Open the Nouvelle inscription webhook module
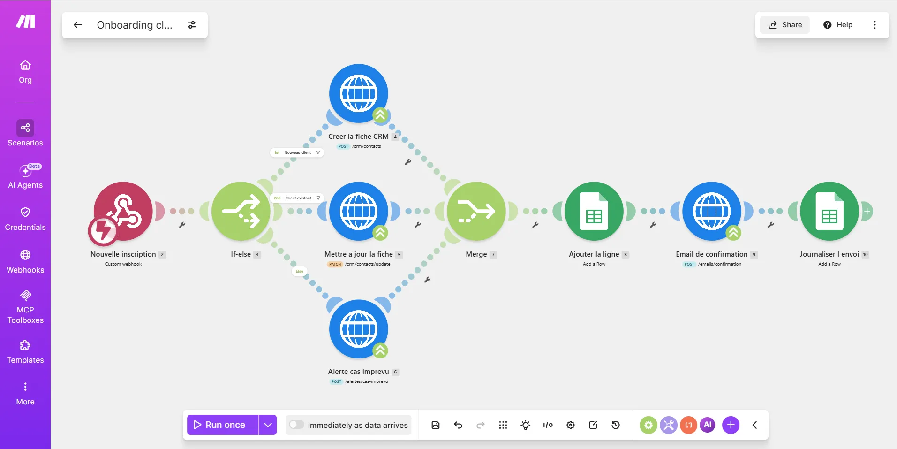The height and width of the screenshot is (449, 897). [x=123, y=211]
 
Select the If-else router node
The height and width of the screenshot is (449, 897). [x=241, y=211]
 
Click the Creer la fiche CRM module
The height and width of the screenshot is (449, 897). [x=359, y=93]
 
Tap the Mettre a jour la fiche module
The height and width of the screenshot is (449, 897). [x=359, y=211]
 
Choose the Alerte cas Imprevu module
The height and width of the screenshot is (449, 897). [x=359, y=329]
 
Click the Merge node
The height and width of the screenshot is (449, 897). [x=476, y=211]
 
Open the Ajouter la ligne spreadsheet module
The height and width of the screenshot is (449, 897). [x=594, y=211]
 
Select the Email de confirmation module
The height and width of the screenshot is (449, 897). [x=712, y=211]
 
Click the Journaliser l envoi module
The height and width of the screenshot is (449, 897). [x=829, y=211]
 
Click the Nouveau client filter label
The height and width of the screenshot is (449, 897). [x=297, y=152]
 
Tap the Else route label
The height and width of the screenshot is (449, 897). [x=299, y=271]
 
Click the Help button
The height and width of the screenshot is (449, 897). [x=838, y=25]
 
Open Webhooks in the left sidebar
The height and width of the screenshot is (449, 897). [x=25, y=262]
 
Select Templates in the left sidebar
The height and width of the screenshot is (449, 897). [x=25, y=352]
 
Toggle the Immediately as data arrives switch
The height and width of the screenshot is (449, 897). [x=296, y=425]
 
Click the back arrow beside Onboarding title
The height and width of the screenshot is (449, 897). [x=78, y=25]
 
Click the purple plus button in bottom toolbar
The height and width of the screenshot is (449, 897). [x=731, y=425]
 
